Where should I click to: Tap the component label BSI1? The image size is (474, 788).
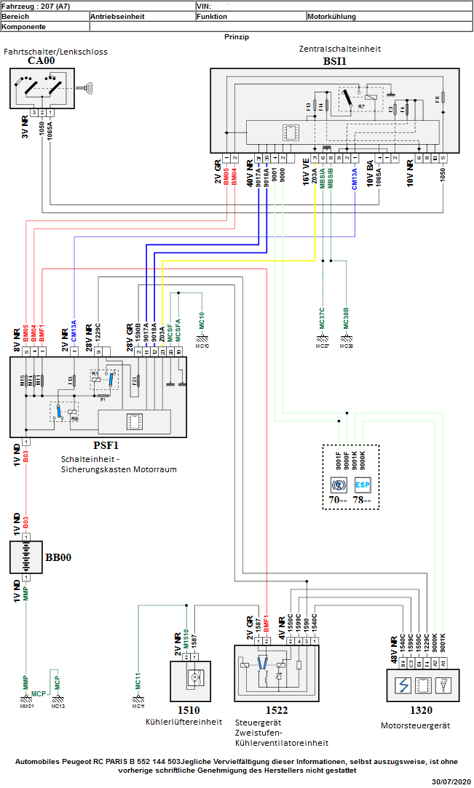[x=334, y=61]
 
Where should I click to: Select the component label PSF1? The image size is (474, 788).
[x=106, y=445]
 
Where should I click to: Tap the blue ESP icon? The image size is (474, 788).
[x=363, y=485]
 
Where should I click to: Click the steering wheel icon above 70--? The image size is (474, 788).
[x=338, y=485]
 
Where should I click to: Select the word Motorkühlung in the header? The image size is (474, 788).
[x=332, y=15]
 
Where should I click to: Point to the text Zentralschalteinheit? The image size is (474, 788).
[x=340, y=49]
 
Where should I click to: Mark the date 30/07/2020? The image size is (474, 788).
[x=451, y=781]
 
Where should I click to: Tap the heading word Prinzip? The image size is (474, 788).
[x=237, y=36]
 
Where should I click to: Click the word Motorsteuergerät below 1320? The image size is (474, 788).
[x=416, y=725]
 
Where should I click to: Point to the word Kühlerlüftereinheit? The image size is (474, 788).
[x=183, y=722]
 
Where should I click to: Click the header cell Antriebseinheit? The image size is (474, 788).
[x=117, y=15]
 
